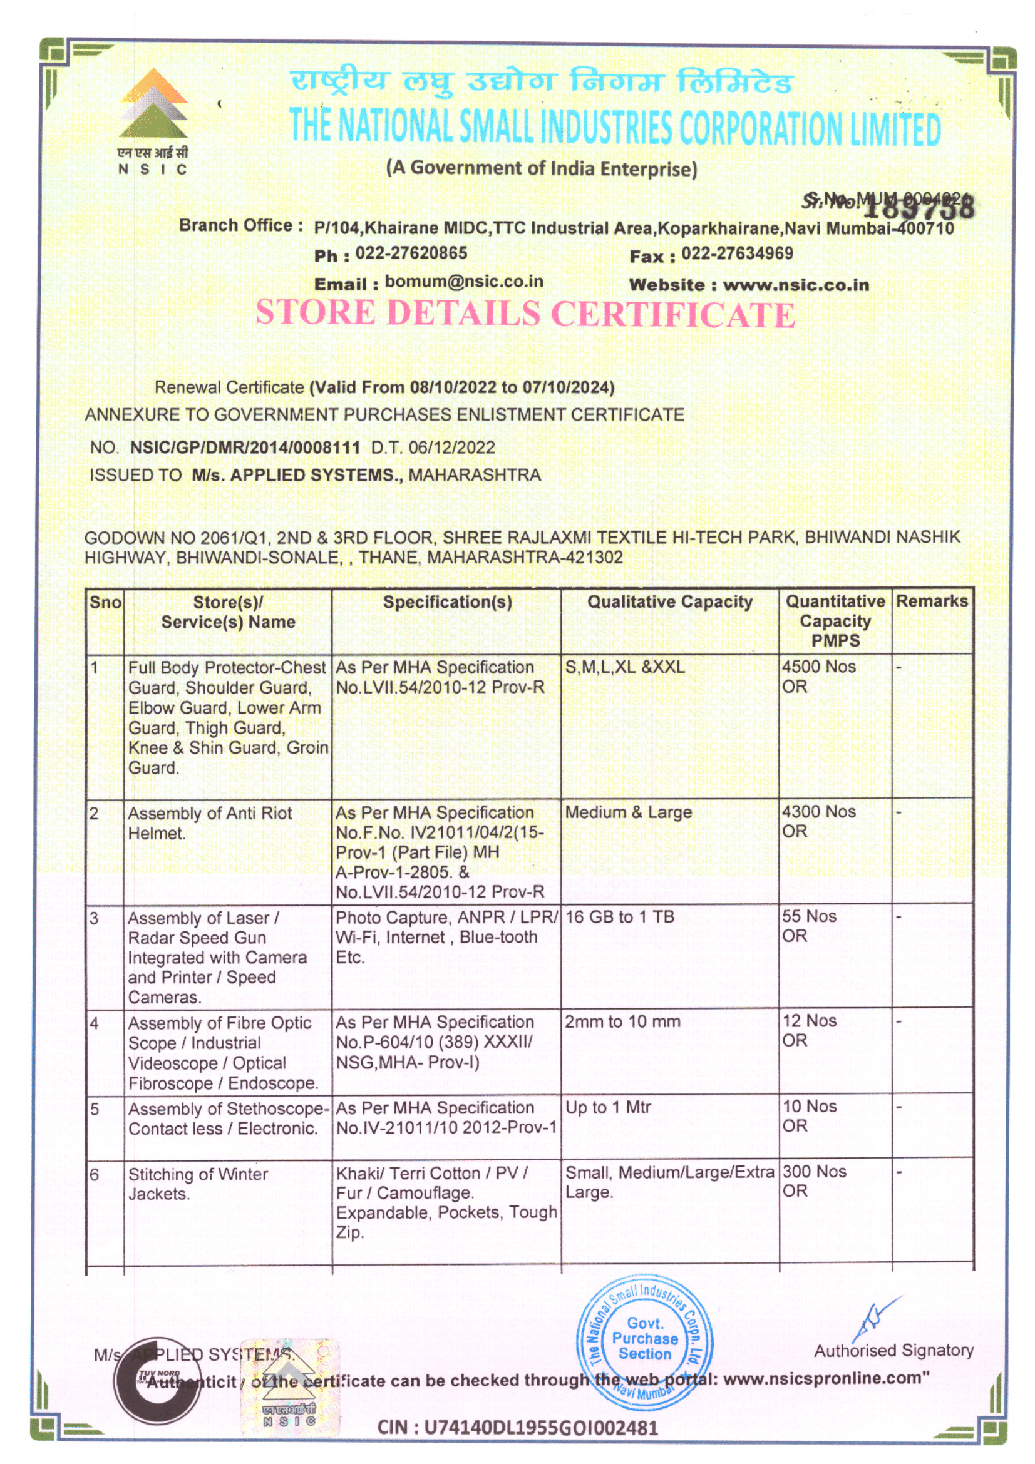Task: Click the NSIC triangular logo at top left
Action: click(153, 105)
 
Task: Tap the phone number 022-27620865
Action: click(411, 253)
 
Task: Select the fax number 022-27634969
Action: click(737, 253)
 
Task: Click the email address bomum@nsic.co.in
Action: click(463, 281)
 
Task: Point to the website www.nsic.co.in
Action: click(796, 284)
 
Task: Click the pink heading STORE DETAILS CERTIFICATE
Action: click(525, 314)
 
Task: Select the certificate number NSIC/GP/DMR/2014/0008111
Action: click(245, 447)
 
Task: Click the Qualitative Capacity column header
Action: click(669, 601)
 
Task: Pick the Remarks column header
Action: click(932, 601)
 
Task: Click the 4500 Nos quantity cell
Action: click(819, 667)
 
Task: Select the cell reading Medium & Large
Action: click(628, 812)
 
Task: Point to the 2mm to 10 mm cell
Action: click(622, 1021)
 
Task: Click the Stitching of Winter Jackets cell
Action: click(198, 1184)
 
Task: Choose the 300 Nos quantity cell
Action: click(815, 1171)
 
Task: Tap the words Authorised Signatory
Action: click(893, 1350)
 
